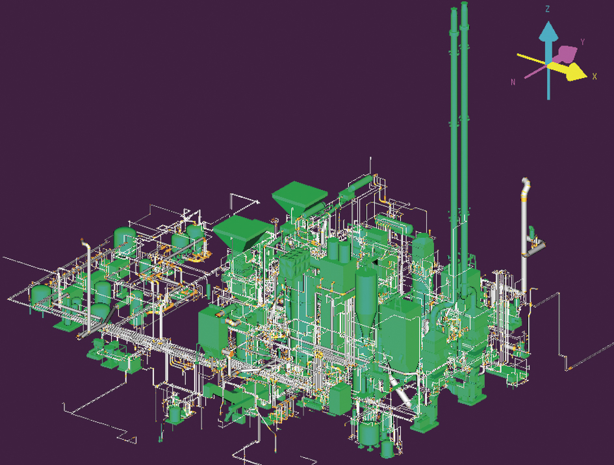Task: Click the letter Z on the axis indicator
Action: (x=548, y=9)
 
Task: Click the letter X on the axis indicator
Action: (x=595, y=77)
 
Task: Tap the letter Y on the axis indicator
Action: (x=583, y=42)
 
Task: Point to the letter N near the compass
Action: (x=513, y=83)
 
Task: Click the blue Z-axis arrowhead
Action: (x=548, y=31)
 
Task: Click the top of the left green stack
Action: (x=454, y=9)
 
